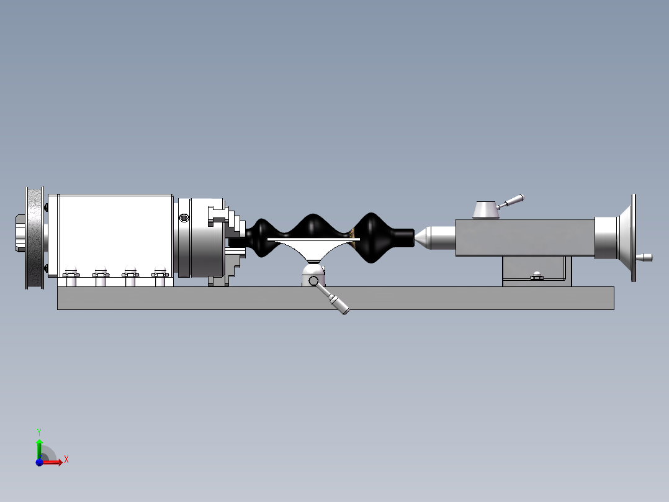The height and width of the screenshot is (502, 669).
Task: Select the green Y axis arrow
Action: point(39,446)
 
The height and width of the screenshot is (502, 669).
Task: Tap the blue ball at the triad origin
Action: point(40,462)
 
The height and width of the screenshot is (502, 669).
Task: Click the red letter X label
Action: point(66,460)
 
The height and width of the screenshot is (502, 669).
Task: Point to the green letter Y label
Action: point(38,431)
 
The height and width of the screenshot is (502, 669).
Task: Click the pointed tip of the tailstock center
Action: point(417,237)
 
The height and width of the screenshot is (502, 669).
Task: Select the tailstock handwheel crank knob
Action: point(645,257)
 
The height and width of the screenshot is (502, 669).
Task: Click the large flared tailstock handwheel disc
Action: point(632,237)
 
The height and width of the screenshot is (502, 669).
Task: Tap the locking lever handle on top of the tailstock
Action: point(513,201)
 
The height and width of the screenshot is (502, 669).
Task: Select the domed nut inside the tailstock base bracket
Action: point(536,275)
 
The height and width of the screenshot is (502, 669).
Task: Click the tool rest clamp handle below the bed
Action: point(338,304)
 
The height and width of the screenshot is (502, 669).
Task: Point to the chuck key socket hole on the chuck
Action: point(183,218)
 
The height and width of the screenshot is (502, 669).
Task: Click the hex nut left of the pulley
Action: point(18,234)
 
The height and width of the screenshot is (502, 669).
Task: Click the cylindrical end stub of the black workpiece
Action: point(402,237)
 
